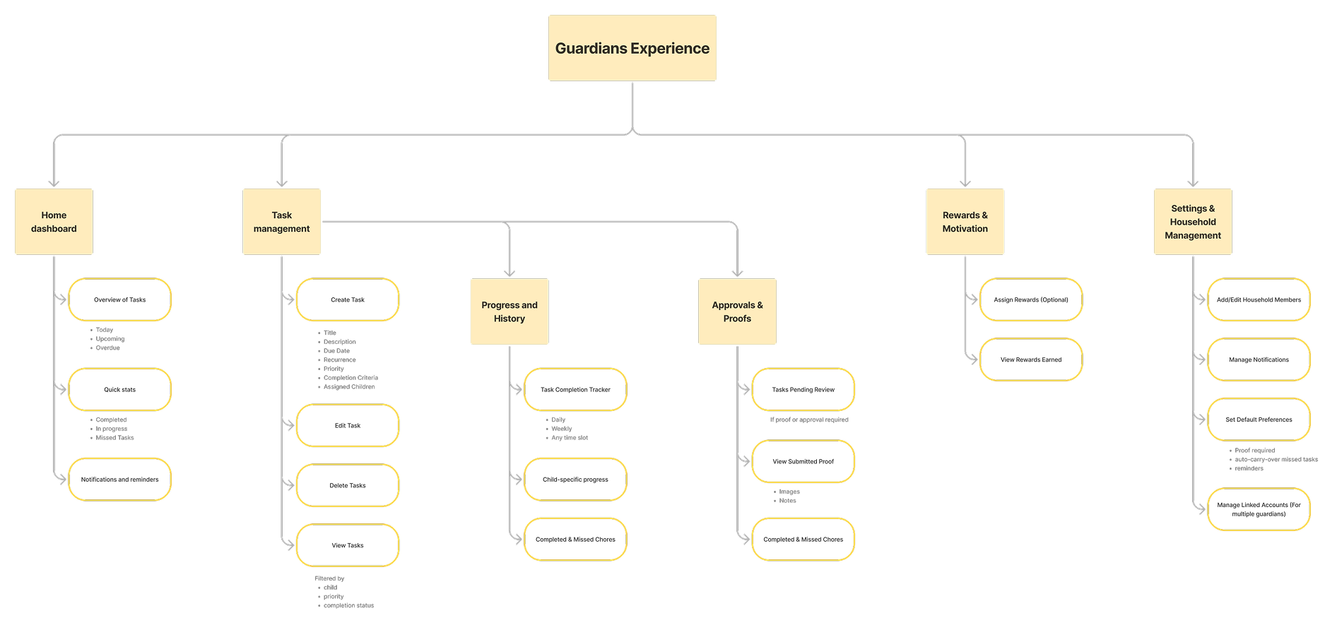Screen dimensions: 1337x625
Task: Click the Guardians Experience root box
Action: [x=632, y=48]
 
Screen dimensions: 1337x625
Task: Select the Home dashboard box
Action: [x=54, y=222]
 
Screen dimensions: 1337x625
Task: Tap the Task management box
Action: [x=281, y=222]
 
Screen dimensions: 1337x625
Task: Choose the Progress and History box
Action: [x=510, y=311]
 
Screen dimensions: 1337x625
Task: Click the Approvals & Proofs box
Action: [x=737, y=311]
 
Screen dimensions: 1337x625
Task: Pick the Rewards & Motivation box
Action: [x=965, y=222]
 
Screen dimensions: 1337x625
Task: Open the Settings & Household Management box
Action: [x=1193, y=222]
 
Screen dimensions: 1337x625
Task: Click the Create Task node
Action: [x=348, y=299]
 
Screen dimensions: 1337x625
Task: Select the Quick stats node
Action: [x=120, y=389]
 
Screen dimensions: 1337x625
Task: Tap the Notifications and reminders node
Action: [x=120, y=480]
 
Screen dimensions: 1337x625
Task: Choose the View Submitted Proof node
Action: [x=803, y=461]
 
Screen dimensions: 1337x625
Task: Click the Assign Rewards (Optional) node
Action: [x=1031, y=299]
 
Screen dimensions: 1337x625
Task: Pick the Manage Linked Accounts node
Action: [x=1259, y=509]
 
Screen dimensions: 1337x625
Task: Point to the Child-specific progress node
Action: [x=575, y=480]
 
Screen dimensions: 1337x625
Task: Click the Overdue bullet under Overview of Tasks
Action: [x=108, y=348]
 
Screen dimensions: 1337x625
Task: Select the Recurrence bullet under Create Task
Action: [x=340, y=360]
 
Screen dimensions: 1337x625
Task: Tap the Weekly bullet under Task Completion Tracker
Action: [x=562, y=429]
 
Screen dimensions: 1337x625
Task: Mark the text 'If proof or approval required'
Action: [x=809, y=419]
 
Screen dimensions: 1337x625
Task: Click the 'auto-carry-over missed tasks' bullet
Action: [x=1276, y=460]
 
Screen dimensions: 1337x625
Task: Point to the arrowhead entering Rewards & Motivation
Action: [x=965, y=183]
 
